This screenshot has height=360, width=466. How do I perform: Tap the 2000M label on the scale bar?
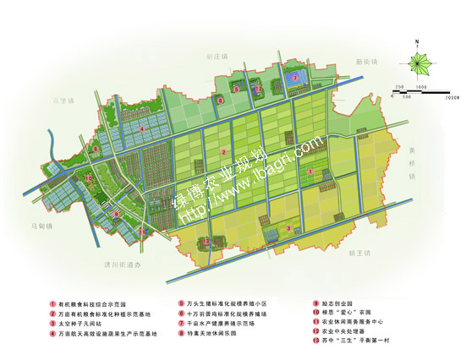pyautogui.click(x=452, y=97)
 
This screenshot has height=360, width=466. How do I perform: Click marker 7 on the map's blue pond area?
pyautogui.click(x=293, y=78)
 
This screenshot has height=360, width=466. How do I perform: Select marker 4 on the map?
pyautogui.click(x=142, y=129)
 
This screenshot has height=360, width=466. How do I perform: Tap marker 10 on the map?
pyautogui.click(x=89, y=178)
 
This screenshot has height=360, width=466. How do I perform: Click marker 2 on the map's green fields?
pyautogui.click(x=223, y=152)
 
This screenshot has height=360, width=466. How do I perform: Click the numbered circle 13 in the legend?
pyautogui.click(x=315, y=342)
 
